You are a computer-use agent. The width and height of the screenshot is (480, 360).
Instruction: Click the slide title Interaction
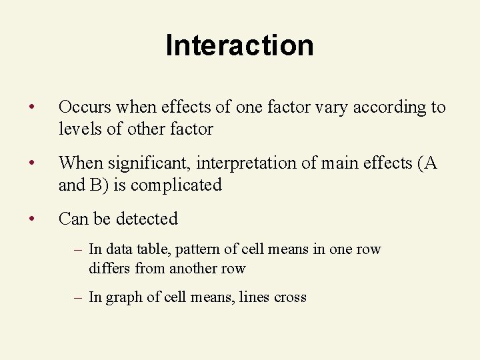click(x=239, y=45)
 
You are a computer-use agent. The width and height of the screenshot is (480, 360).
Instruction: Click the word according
click(x=379, y=108)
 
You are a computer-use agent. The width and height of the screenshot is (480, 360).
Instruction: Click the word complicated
click(x=176, y=185)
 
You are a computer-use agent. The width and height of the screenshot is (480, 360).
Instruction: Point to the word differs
click(x=109, y=268)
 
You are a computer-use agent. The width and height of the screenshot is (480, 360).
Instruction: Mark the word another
click(x=195, y=269)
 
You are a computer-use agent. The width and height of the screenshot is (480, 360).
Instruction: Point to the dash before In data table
click(x=78, y=249)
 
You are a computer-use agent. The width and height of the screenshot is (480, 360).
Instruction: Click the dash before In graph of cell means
click(x=78, y=297)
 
